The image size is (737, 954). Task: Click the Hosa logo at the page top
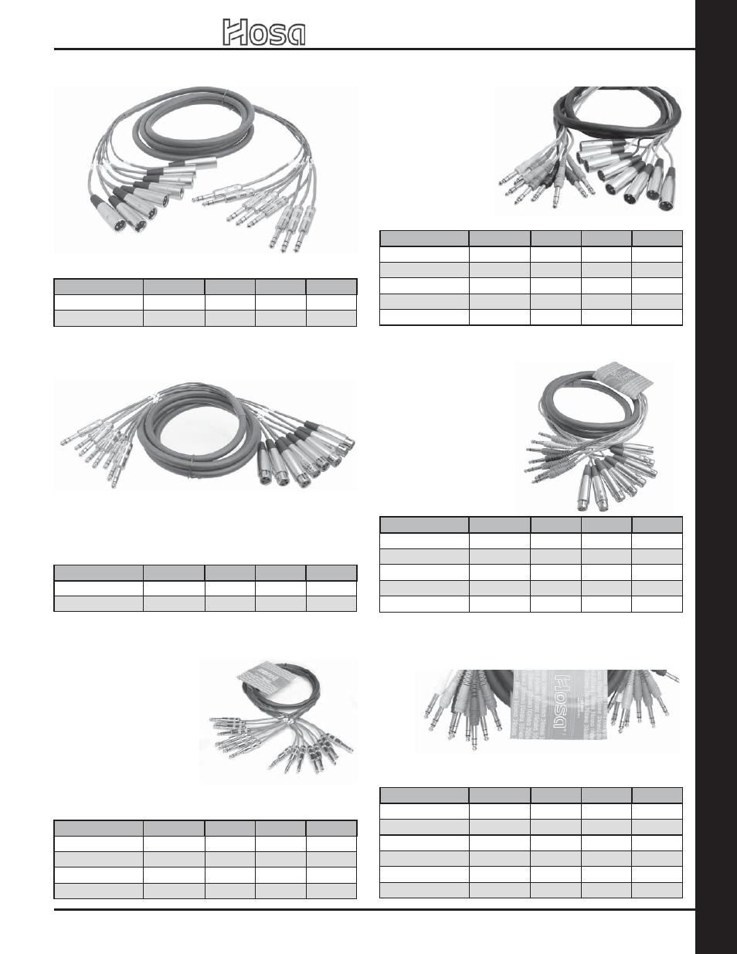(264, 32)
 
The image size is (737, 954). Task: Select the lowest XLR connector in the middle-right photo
(589, 498)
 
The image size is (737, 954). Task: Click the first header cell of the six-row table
(424, 795)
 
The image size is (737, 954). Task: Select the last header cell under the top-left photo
(331, 287)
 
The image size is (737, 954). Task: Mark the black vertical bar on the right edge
(716, 477)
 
